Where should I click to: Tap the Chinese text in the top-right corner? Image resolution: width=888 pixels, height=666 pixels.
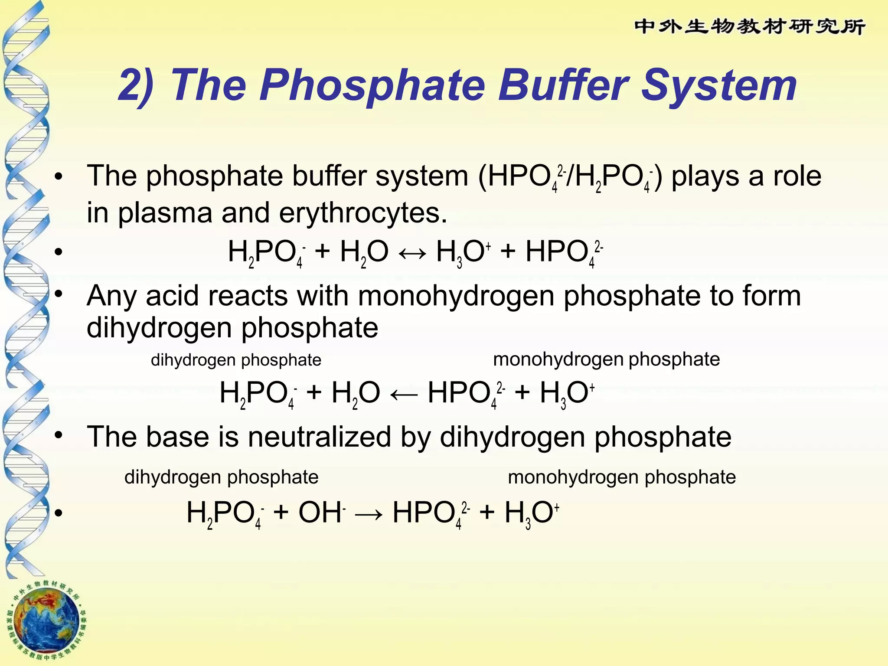750,27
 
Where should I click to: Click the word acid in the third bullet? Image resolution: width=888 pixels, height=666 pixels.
172,296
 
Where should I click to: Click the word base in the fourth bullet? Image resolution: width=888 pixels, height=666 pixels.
178,437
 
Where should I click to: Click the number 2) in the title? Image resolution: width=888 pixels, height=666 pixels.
136,86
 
